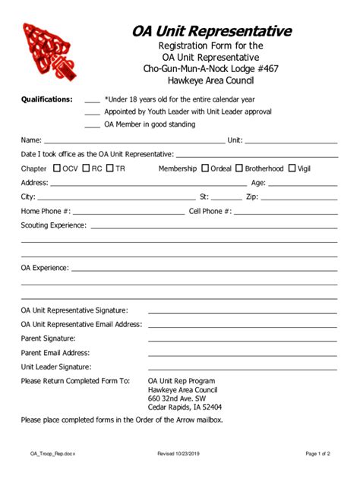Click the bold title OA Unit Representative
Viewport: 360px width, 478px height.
[212, 31]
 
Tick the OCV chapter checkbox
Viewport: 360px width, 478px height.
[58, 168]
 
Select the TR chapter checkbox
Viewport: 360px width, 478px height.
[111, 168]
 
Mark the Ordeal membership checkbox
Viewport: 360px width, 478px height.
[204, 168]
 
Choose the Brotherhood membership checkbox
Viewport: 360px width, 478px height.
[239, 168]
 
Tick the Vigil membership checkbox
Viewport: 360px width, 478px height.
[292, 168]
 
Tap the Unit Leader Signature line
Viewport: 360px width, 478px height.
[242, 368]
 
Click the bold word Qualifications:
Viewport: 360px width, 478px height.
[47, 99]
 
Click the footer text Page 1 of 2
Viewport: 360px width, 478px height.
[318, 454]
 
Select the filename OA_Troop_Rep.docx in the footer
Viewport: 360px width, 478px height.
[53, 454]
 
